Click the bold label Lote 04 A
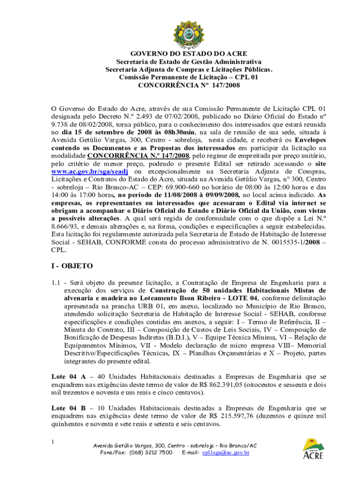click(x=68, y=376)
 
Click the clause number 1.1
click(x=56, y=282)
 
